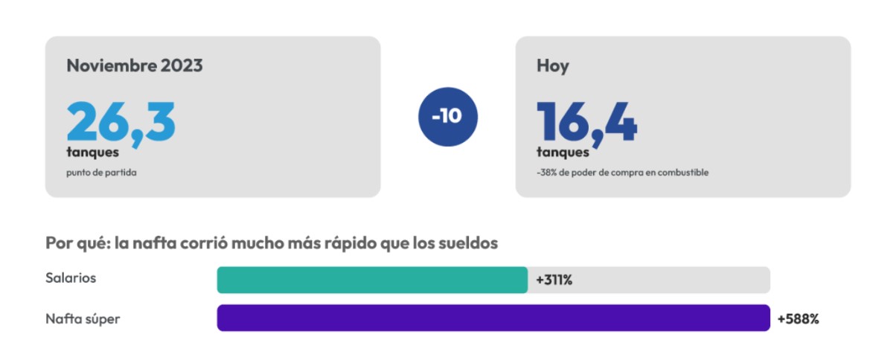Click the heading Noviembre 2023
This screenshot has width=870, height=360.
(135, 65)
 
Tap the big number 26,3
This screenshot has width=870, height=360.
(121, 123)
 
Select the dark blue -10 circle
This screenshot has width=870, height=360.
(447, 117)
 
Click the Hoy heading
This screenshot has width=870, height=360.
(553, 66)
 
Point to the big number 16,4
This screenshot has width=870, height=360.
(586, 123)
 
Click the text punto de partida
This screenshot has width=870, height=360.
(101, 173)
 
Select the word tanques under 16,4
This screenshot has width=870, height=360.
(563, 152)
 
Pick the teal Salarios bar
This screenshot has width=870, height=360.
(372, 280)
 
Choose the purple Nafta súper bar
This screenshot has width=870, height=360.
(493, 318)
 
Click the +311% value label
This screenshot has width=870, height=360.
(554, 280)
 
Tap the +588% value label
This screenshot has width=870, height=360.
(798, 319)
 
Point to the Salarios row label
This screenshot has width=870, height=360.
(71, 278)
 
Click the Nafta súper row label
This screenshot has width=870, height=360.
(83, 320)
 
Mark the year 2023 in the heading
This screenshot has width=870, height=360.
(182, 65)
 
